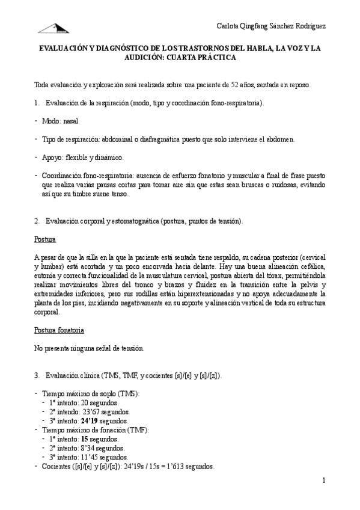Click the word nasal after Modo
tap(72, 121)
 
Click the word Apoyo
tap(52, 158)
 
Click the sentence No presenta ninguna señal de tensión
tap(89, 348)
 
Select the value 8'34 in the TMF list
tap(83, 448)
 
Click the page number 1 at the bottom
tap(323, 481)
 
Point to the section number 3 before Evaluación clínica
tap(37, 376)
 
